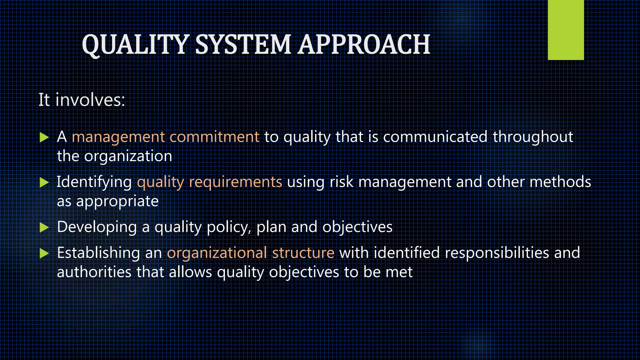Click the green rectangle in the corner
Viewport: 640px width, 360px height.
[x=566, y=30]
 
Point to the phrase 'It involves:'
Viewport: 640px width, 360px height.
[x=82, y=100]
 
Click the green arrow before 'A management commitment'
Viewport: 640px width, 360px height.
[x=44, y=137]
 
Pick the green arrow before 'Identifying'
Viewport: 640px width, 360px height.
[x=44, y=182]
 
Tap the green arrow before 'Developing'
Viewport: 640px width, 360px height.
[x=44, y=227]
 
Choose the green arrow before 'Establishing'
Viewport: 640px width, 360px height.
[x=44, y=253]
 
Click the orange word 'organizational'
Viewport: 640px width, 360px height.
[x=217, y=253]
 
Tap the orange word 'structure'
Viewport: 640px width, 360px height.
[x=303, y=253]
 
